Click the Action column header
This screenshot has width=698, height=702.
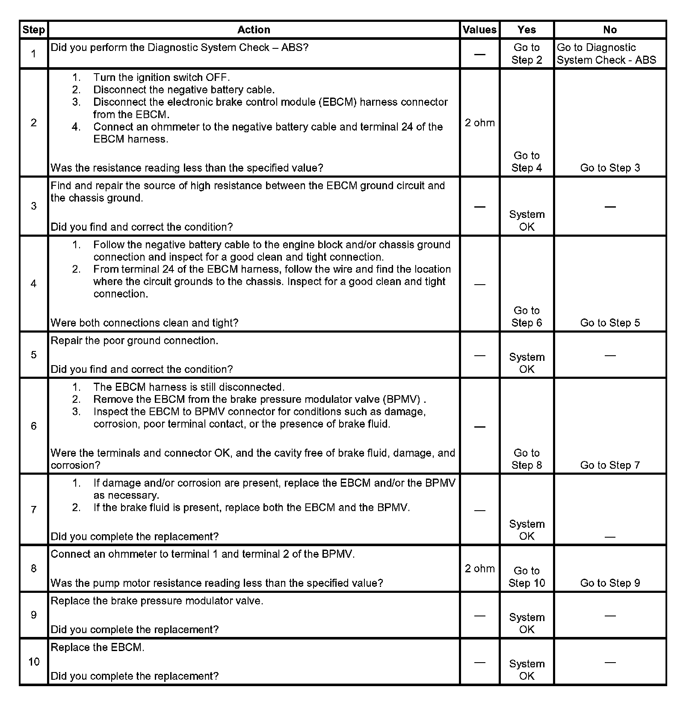254,30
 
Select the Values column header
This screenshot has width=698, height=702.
479,30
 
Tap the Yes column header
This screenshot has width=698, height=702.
526,30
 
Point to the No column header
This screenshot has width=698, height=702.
610,30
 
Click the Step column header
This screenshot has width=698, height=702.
33,30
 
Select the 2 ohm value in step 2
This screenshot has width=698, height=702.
479,123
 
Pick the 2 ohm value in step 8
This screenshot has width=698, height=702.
479,568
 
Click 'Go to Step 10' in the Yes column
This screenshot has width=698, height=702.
526,577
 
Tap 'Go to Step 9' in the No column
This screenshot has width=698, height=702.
610,583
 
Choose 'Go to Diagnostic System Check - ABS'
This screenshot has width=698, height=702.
606,54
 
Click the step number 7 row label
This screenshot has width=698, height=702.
33,509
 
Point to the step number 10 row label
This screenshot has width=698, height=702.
33,662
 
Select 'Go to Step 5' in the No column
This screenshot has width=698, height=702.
610,323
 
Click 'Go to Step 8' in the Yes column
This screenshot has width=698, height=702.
526,459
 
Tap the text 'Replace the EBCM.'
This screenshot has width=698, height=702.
98,647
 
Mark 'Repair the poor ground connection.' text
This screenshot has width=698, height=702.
134,341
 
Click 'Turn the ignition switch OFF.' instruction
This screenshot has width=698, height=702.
161,77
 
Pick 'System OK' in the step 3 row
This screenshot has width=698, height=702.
526,220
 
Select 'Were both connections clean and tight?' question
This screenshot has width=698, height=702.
145,323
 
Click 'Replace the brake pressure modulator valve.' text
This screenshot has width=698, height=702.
157,601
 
